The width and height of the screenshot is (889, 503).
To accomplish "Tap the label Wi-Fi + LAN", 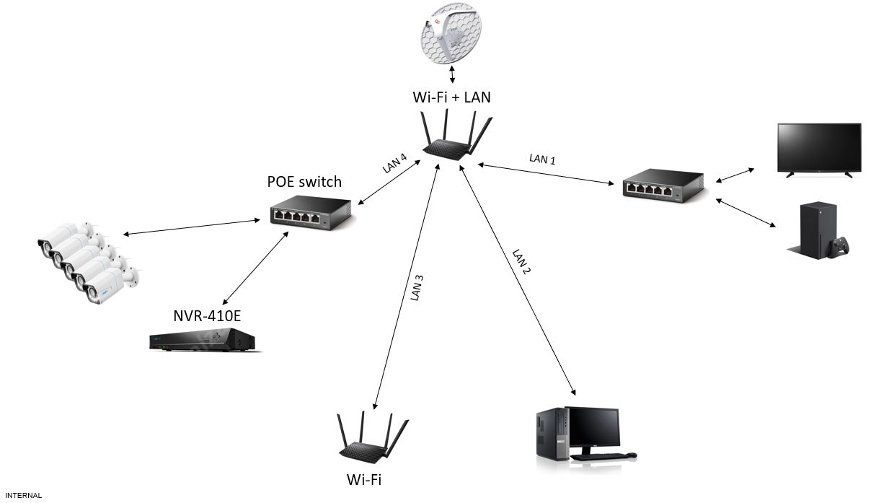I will pyautogui.click(x=452, y=96).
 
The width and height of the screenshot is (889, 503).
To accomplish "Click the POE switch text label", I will pyautogui.click(x=304, y=181).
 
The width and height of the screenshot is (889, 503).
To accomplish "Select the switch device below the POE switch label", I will pyautogui.click(x=310, y=214).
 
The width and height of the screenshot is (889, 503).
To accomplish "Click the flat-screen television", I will pyautogui.click(x=818, y=148).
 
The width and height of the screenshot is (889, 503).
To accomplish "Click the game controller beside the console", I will pyautogui.click(x=839, y=247).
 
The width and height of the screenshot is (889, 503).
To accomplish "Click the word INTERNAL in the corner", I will pyautogui.click(x=23, y=496).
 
